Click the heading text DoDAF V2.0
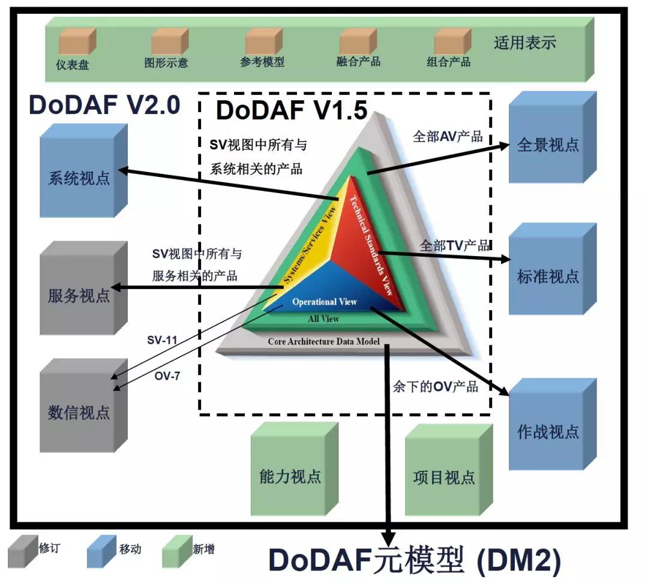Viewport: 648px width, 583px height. pyautogui.click(x=104, y=104)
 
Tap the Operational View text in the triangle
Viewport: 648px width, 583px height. pyautogui.click(x=325, y=302)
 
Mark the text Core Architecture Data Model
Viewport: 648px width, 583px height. pyautogui.click(x=324, y=341)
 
